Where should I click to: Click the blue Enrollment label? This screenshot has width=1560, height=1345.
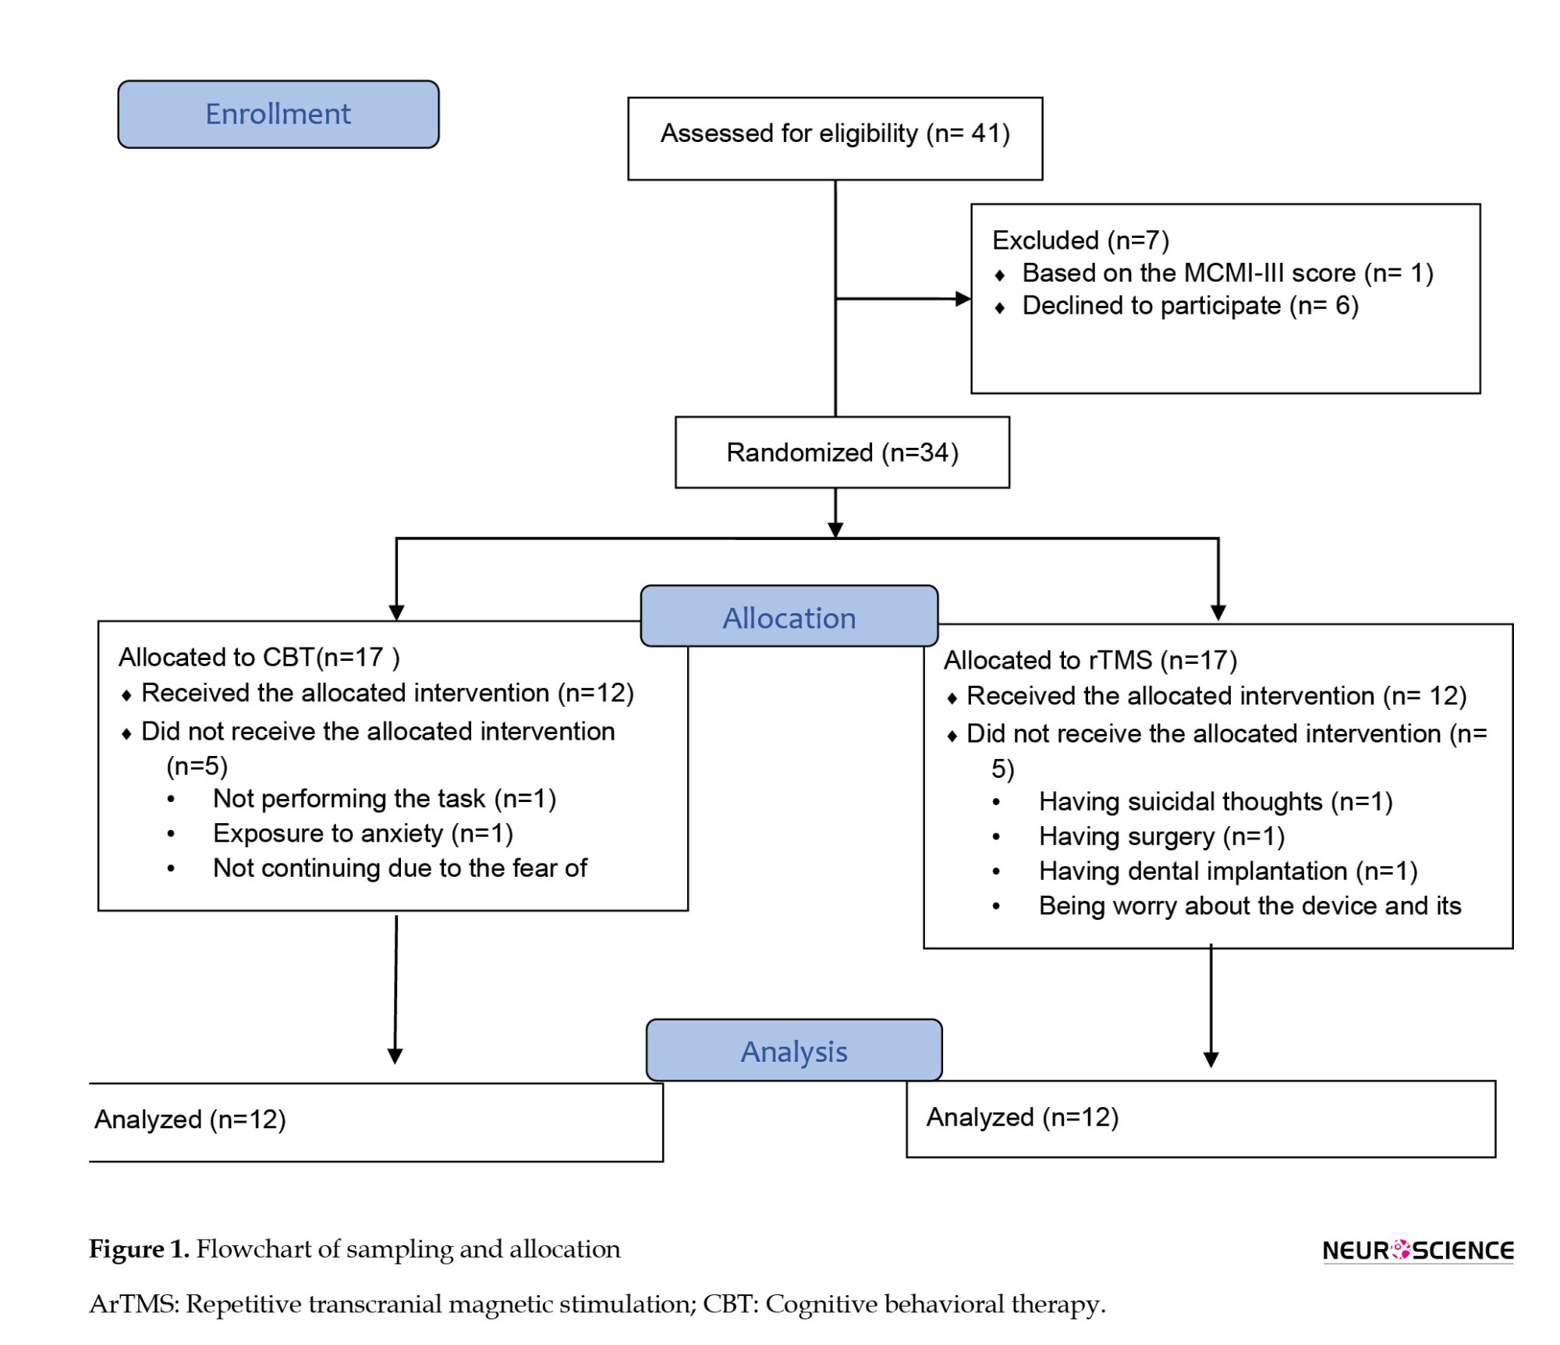pos(278,114)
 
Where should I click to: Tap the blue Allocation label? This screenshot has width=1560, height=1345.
pos(789,616)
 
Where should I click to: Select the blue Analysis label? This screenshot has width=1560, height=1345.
pos(794,1050)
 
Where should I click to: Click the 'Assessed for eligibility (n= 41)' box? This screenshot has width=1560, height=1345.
pos(835,139)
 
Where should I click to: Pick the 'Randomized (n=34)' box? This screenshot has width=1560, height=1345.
pos(842,452)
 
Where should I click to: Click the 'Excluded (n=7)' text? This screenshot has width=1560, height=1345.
pos(1080,240)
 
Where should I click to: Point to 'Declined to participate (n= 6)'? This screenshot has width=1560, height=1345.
pos(1190,306)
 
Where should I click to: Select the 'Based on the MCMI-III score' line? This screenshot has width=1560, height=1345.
pos(1228,273)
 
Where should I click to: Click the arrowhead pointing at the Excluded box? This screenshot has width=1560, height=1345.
pos(963,299)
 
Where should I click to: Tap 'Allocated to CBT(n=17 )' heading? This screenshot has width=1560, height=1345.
pos(259,658)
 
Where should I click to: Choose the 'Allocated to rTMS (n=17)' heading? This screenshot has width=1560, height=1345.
pos(1090,661)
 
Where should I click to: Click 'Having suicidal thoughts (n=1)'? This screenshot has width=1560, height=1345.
pos(1215,802)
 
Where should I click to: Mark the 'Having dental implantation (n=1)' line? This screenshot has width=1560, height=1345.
pos(1228,871)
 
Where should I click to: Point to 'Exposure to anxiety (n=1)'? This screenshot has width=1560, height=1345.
pos(363,834)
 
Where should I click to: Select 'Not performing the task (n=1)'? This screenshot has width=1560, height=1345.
pos(385,799)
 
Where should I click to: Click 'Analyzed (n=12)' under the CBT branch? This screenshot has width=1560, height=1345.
pos(190,1120)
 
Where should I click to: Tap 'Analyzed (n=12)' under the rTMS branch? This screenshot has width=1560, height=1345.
pos(1023,1117)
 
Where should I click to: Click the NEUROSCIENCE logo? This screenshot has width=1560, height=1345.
pos(1418,1251)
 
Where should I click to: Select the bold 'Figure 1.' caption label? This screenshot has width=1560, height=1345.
pos(139,1249)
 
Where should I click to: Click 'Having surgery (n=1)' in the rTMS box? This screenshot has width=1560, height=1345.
pos(1161,837)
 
